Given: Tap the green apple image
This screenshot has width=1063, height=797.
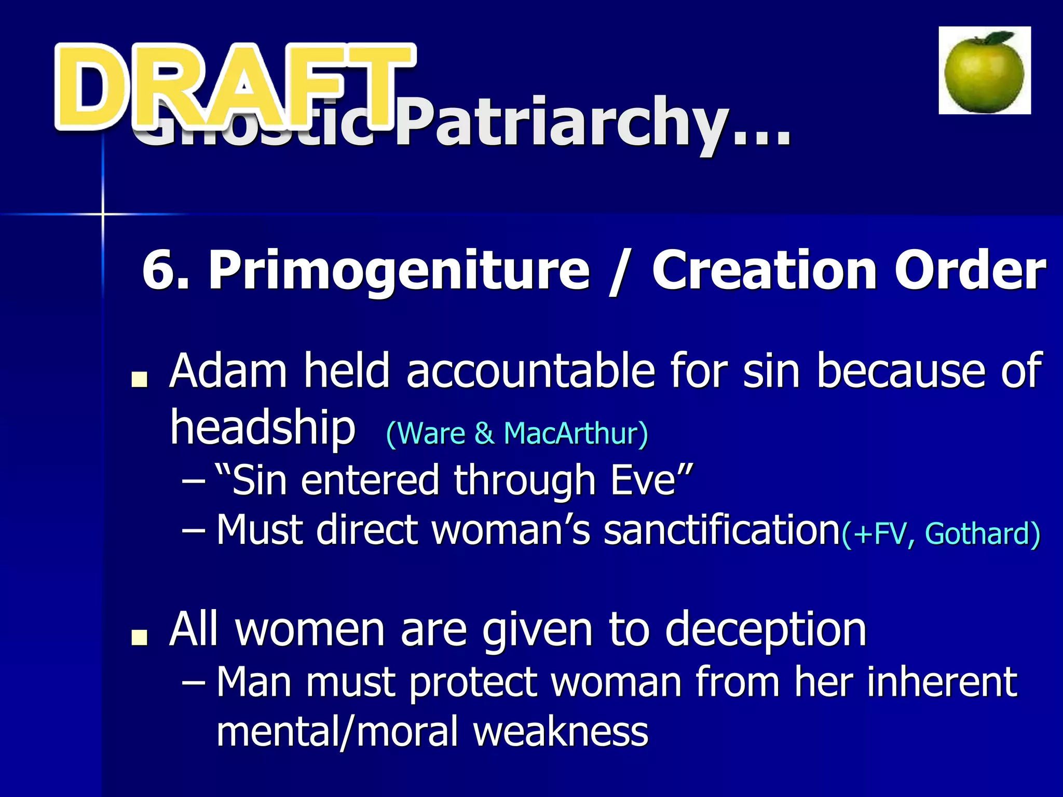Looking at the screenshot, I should [984, 73].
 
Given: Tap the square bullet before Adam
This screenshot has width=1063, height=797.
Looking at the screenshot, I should [139, 380].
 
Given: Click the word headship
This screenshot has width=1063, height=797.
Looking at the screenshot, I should [263, 428].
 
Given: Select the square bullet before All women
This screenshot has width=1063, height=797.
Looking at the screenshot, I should [139, 638].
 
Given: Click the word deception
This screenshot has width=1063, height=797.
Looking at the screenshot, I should [766, 629].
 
